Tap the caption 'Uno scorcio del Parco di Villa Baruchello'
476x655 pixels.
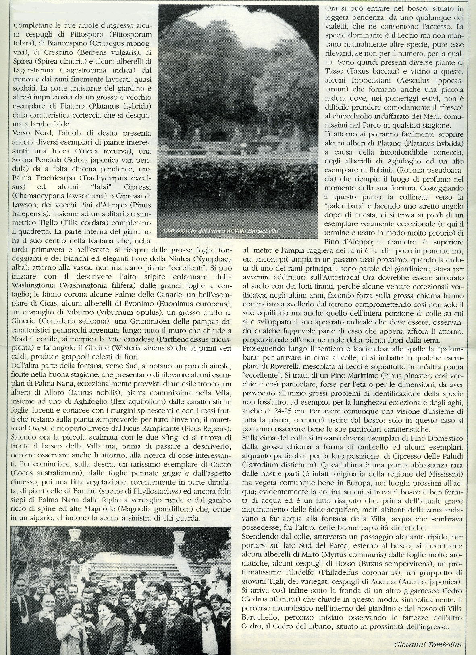221,231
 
